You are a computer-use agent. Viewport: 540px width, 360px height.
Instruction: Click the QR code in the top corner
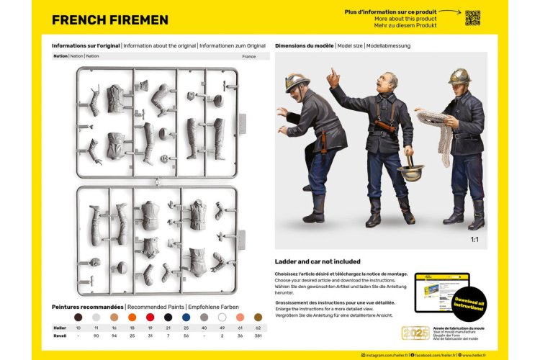[472, 17]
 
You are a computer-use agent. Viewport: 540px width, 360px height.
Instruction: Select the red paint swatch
[150, 317]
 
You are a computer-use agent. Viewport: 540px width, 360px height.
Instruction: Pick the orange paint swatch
[132, 317]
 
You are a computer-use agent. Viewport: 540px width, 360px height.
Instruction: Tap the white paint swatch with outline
[222, 317]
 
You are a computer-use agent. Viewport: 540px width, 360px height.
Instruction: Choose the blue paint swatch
[186, 317]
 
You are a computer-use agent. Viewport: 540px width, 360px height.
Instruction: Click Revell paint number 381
[258, 336]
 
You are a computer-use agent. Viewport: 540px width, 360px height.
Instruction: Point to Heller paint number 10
[78, 328]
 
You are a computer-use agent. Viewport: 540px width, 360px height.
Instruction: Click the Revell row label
[60, 336]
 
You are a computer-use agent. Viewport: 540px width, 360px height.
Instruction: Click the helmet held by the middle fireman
[410, 173]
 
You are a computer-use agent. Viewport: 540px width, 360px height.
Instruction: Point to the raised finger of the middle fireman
[333, 75]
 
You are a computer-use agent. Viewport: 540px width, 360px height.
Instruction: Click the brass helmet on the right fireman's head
[459, 76]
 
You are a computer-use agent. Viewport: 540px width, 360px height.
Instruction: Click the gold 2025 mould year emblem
[415, 334]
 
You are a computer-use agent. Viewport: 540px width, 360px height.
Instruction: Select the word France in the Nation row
[248, 56]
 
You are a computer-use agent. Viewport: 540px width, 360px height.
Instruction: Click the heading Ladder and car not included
[318, 261]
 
